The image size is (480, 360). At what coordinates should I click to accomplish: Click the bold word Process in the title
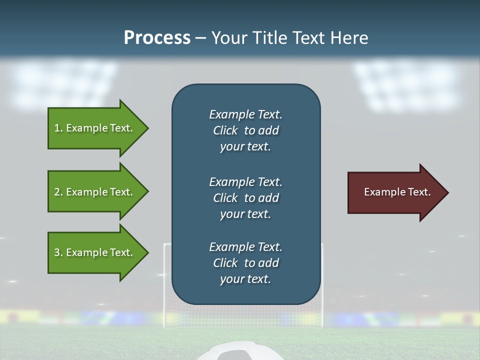point(157,38)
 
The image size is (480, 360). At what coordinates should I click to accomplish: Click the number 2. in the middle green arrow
point(58,192)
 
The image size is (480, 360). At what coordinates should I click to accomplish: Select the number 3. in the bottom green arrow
point(58,252)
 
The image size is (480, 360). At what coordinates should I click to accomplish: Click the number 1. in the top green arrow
point(58,128)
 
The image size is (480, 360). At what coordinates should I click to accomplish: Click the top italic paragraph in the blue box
point(245,130)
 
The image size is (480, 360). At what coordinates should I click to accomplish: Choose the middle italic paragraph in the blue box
point(245,197)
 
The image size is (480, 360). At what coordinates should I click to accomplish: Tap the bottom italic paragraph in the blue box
point(245,263)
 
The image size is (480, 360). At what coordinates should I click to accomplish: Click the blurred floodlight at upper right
point(407,85)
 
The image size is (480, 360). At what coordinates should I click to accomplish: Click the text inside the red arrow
point(397,192)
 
